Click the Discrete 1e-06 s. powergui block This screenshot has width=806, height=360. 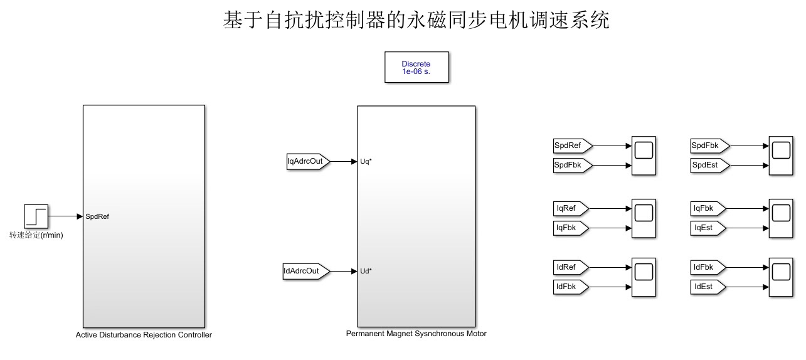[416, 67]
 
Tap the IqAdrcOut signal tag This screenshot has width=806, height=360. [304, 161]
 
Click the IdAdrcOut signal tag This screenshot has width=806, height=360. [302, 272]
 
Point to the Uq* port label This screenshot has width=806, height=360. [366, 161]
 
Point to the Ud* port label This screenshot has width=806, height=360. [366, 272]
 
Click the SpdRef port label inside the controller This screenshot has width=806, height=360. [97, 216]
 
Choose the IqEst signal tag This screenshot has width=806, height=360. [706, 227]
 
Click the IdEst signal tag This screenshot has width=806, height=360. [706, 287]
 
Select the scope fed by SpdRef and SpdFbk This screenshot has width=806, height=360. [644, 156]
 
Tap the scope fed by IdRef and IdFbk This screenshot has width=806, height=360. [644, 277]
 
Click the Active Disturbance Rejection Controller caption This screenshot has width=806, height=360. [144, 335]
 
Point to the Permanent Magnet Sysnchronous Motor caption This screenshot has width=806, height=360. [416, 334]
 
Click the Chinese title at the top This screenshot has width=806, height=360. [416, 21]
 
